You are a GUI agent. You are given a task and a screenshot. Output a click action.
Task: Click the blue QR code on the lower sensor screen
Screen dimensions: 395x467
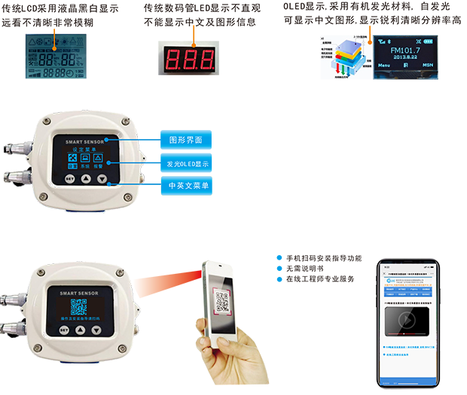[x=79, y=307]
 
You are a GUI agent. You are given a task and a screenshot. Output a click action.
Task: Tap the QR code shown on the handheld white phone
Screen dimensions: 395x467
[x=222, y=302]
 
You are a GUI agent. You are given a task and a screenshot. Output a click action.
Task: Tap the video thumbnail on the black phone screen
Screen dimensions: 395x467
[x=407, y=318]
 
